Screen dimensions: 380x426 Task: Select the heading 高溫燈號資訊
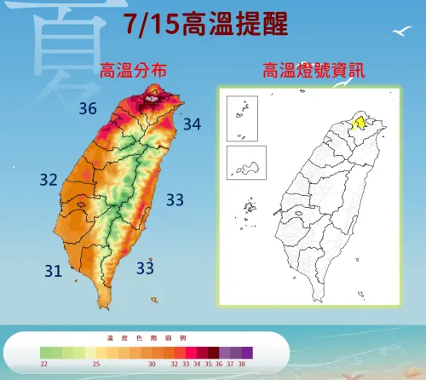point(314,71)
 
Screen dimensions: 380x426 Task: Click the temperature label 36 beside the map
point(87,108)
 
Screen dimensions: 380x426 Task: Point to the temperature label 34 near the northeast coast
point(192,125)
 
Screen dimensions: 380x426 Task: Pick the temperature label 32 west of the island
point(49,180)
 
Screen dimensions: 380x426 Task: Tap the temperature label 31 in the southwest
point(53,271)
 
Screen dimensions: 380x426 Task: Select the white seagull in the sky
point(398,32)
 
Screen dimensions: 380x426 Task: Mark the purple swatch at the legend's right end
point(246,351)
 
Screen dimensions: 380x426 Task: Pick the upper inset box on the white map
point(242,117)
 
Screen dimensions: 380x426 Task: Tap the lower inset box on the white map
point(247,162)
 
